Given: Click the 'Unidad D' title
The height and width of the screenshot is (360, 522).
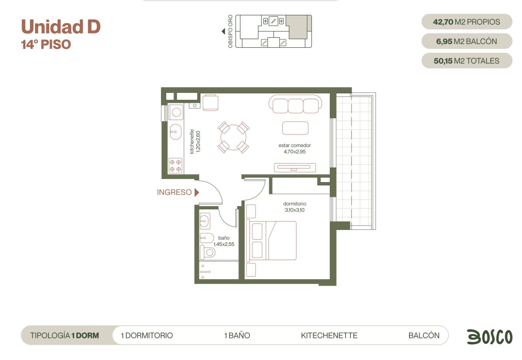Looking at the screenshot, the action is click(x=61, y=26).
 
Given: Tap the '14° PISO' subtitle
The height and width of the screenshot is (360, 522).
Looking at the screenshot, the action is click(x=46, y=44).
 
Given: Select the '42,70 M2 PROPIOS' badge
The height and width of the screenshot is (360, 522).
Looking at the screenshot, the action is click(x=466, y=22).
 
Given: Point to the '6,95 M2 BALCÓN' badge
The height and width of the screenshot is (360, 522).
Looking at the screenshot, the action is click(x=466, y=41).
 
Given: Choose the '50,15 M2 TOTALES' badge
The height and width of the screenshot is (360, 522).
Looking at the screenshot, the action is click(x=466, y=61).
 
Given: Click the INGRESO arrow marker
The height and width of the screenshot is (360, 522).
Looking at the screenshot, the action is click(x=197, y=192).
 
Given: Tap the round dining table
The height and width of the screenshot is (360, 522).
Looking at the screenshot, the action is click(x=233, y=137).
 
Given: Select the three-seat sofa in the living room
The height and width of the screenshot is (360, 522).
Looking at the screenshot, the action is click(x=295, y=104).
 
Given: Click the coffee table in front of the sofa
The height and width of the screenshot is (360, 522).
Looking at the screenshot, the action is click(x=295, y=128).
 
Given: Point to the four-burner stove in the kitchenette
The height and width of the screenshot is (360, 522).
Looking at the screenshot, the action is click(x=176, y=166).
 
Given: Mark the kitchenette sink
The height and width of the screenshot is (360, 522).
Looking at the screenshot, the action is click(x=176, y=132).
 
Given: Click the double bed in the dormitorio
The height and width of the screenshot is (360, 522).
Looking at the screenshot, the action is click(x=271, y=240).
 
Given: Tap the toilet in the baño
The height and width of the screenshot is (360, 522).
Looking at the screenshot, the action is click(x=207, y=252).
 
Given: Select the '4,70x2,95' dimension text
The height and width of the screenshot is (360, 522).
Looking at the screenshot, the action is click(x=294, y=151).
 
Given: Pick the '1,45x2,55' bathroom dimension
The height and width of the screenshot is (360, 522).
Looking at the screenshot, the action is click(x=224, y=244).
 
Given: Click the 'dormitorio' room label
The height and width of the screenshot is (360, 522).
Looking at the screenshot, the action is click(x=294, y=204).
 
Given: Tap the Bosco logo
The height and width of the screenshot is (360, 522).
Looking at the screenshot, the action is click(x=490, y=337).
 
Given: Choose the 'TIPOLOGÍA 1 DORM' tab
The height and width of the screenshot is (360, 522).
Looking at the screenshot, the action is click(x=65, y=336).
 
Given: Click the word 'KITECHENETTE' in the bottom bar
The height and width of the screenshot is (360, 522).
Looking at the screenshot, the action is click(x=329, y=336).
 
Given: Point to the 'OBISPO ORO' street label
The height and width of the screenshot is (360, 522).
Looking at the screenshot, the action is click(x=230, y=31).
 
